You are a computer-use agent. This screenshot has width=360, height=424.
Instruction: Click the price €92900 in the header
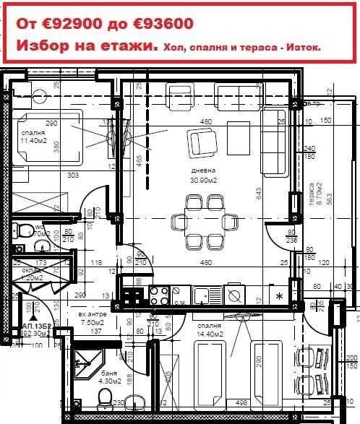(74, 24)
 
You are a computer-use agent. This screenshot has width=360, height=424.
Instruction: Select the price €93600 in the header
(163, 24)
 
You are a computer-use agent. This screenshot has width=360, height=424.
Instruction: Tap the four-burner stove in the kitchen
(158, 295)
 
